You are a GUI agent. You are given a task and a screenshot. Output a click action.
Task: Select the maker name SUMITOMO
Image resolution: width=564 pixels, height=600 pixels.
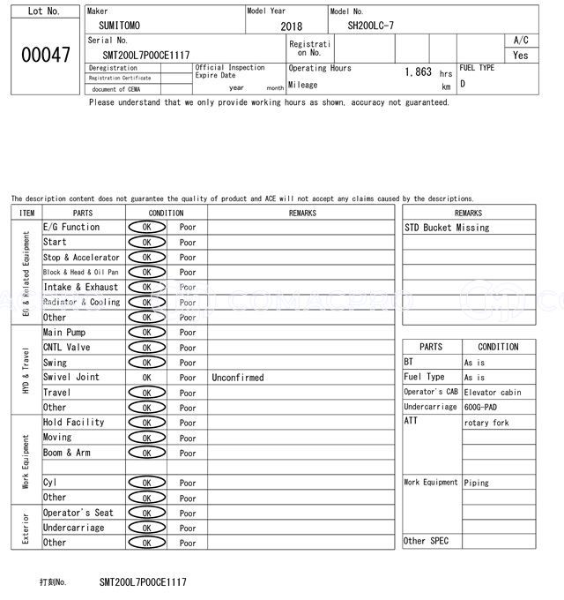[119, 26]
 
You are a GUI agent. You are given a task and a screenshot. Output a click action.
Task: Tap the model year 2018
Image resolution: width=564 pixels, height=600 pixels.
[291, 26]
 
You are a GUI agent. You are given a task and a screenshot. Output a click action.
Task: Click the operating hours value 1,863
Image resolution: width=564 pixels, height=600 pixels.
[417, 72]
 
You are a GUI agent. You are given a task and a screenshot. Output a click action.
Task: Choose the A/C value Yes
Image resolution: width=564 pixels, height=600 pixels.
[520, 55]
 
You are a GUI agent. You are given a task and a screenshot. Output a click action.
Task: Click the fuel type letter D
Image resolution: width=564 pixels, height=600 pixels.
[463, 85]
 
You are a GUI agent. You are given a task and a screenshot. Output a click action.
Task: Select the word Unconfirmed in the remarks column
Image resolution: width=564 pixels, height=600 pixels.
[237, 378]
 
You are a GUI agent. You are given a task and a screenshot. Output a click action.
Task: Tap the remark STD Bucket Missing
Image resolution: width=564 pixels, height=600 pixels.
[447, 228]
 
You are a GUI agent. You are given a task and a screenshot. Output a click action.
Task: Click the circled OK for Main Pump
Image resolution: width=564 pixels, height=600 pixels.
[146, 333]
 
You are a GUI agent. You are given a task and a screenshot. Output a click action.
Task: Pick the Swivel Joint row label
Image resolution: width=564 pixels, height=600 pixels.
[71, 378]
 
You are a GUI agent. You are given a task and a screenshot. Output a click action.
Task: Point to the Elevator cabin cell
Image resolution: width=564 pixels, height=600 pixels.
[493, 393]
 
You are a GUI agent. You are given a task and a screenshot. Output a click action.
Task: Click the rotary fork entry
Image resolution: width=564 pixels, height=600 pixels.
[486, 423]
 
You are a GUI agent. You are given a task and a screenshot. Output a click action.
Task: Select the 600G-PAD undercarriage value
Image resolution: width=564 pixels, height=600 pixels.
[481, 408]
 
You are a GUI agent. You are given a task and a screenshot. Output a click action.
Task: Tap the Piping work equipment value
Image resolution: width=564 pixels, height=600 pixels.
[477, 483]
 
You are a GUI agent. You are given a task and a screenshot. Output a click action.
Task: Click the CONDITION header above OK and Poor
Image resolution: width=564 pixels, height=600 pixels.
[166, 213]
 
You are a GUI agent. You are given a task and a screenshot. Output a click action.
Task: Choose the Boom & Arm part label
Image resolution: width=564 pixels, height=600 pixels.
[67, 453]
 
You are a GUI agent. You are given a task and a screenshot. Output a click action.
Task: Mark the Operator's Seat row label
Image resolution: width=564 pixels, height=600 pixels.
[78, 513]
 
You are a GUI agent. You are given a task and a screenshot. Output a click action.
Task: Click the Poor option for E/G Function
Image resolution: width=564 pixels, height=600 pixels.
[188, 228]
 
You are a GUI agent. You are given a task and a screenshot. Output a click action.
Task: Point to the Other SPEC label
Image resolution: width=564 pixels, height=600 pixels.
[426, 541]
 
